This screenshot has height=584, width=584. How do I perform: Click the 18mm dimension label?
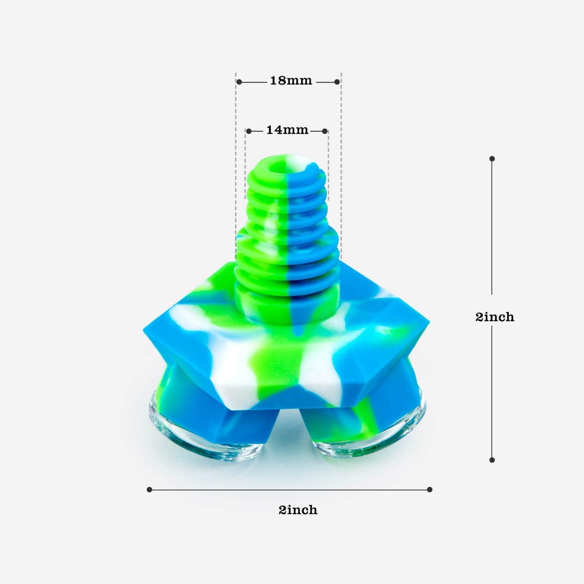click(x=291, y=80)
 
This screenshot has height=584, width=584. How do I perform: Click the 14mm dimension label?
click(x=287, y=130)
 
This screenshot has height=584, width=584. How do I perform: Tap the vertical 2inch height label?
click(x=495, y=317)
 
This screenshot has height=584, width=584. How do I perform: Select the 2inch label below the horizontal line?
click(x=298, y=510)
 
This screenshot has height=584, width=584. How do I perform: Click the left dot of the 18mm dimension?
click(x=239, y=82)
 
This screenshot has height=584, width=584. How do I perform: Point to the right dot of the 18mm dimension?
click(x=337, y=82)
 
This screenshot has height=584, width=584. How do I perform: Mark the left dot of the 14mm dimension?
click(x=249, y=131)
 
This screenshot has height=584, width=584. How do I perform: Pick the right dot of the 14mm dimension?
click(x=325, y=131)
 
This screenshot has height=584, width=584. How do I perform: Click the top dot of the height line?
click(x=492, y=159)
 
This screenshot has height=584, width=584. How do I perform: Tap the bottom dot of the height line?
click(x=492, y=460)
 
